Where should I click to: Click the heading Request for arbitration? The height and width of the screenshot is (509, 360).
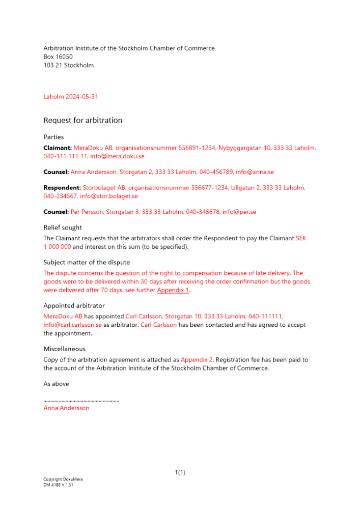[x=83, y=121]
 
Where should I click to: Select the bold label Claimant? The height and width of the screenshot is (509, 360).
[x=58, y=148]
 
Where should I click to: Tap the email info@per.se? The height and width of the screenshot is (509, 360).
[x=239, y=212]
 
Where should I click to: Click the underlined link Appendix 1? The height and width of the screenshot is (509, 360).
[x=173, y=290]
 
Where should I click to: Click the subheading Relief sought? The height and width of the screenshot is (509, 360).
[x=63, y=228]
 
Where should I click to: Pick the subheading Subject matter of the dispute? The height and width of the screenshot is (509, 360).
[x=87, y=263]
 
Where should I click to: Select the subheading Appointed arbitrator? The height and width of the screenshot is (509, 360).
[x=74, y=306]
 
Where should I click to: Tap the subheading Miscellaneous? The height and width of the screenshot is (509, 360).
[x=65, y=349]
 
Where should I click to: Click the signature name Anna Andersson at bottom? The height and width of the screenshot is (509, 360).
[x=66, y=408]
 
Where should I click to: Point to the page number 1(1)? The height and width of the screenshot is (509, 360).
[x=180, y=473]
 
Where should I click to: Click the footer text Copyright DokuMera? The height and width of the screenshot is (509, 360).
[x=63, y=479]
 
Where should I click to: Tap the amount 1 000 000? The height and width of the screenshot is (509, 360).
[x=57, y=247]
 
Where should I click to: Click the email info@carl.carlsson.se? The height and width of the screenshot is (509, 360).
[x=73, y=325]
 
